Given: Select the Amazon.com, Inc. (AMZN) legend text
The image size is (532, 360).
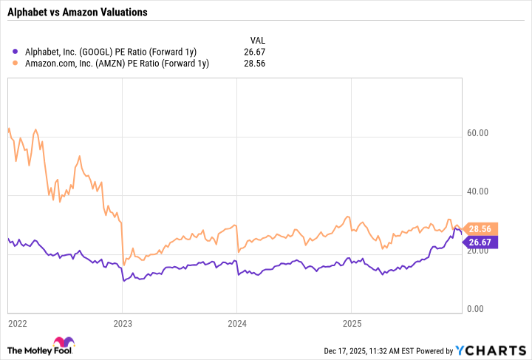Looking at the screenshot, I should pyautogui.click(x=116, y=64).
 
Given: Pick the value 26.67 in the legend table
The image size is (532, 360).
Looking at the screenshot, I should pyautogui.click(x=255, y=51).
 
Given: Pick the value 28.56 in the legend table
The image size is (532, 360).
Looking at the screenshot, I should pyautogui.click(x=255, y=64).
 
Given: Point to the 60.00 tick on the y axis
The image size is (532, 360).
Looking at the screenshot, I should pyautogui.click(x=478, y=134).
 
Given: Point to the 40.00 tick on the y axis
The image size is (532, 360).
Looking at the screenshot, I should pyautogui.click(x=478, y=192).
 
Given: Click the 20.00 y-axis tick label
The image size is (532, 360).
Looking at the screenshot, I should pyautogui.click(x=480, y=251).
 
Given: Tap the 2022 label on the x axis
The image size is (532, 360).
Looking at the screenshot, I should pyautogui.click(x=17, y=323).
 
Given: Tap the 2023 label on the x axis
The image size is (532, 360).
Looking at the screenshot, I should pyautogui.click(x=123, y=323).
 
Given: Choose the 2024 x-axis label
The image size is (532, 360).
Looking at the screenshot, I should pyautogui.click(x=236, y=323).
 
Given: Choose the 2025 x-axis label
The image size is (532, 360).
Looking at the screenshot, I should pyautogui.click(x=351, y=323).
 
